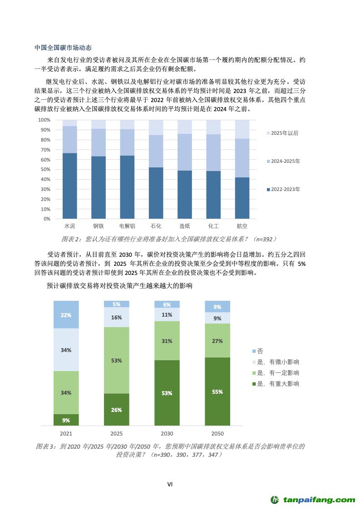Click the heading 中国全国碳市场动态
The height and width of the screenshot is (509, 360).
[63, 48]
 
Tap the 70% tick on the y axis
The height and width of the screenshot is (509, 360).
[44, 150]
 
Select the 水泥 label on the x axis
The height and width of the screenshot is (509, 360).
[69, 225]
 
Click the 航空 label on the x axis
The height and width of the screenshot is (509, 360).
[242, 225]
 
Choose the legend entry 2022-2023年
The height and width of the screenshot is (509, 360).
[284, 189]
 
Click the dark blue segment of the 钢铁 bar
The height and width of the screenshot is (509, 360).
[98, 187]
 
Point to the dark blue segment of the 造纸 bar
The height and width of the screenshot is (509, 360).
[184, 195]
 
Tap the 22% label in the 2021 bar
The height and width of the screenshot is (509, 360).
[66, 315]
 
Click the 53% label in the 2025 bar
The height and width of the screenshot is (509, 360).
[116, 361]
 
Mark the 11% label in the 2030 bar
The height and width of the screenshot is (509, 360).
[167, 315]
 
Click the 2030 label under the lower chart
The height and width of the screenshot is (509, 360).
[167, 434]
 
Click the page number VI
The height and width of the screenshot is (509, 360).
[170, 484]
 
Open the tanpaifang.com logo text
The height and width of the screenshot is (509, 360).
[319, 500]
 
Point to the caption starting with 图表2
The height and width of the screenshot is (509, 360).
[169, 239]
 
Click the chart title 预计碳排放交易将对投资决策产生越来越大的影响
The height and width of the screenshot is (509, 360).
[119, 286]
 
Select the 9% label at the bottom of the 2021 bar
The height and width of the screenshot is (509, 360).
[66, 421]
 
